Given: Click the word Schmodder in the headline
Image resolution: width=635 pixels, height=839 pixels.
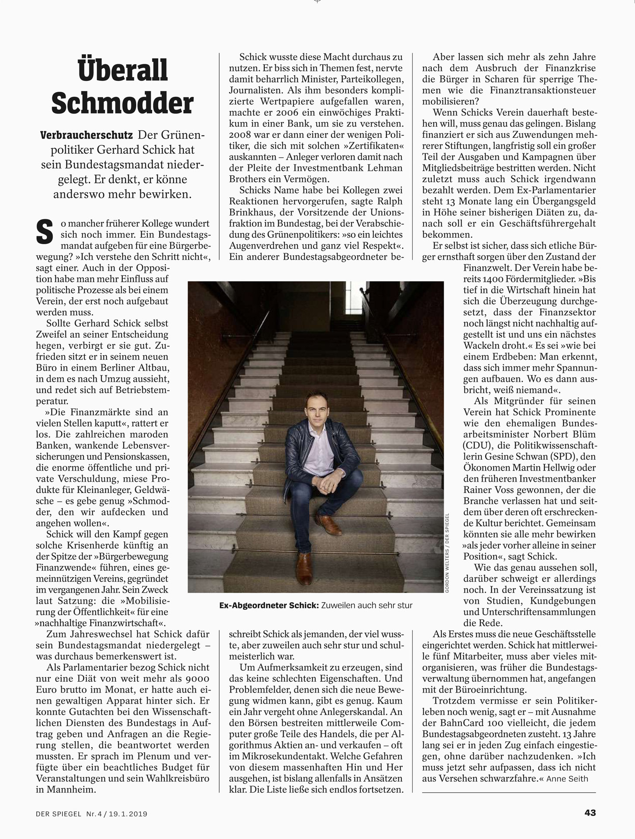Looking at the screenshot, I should click(122, 104).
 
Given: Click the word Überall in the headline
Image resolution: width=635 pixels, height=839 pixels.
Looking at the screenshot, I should click(122, 71).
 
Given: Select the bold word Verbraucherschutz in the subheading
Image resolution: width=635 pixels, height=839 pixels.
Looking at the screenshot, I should click(86, 135).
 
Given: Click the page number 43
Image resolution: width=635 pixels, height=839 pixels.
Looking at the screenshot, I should click(590, 813).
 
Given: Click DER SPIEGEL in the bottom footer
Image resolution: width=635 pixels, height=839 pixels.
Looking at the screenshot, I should click(59, 814).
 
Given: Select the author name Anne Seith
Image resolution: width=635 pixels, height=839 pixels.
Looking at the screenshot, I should click(567, 779).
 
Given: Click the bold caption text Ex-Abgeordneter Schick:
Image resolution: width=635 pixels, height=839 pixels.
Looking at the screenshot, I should click(269, 605).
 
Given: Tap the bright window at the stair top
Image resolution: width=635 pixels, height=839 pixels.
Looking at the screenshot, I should click(354, 298).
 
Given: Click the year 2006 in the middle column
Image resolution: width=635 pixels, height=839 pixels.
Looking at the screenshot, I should click(274, 112).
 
